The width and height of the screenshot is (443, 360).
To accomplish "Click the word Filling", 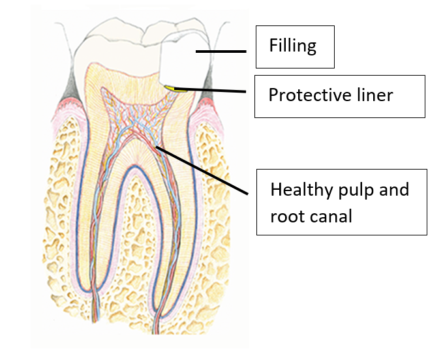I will coord(292,46).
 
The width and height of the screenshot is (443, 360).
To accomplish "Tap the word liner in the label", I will coord(372,96).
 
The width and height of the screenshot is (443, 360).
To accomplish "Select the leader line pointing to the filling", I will coord(221,51).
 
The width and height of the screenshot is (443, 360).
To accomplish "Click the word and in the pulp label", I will coord(394,190).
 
